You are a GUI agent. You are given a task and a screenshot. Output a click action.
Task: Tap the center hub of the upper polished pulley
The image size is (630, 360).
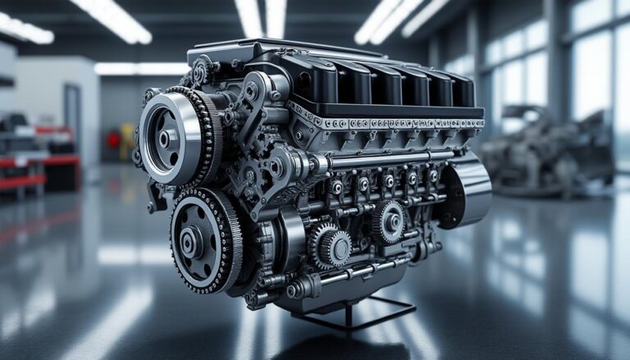[164, 139]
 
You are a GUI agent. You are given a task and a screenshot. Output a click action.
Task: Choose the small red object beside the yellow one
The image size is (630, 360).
[114, 140]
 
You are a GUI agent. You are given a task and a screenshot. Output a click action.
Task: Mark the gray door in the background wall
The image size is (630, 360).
[73, 123]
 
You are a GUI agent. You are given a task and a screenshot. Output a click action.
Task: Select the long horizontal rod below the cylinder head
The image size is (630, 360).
[386, 157]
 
